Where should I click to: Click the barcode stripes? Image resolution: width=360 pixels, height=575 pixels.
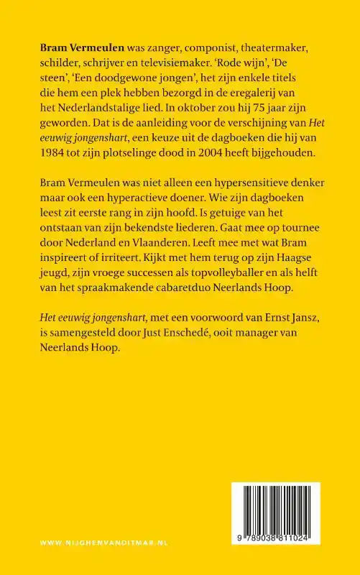(285, 510)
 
